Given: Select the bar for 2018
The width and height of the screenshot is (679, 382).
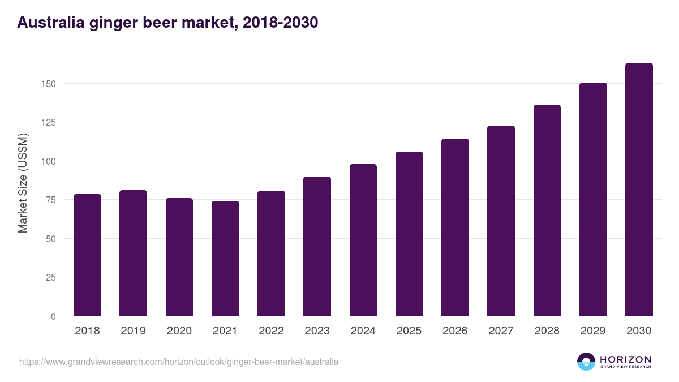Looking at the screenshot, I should pyautogui.click(x=87, y=255).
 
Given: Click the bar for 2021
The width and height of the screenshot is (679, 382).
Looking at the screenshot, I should pyautogui.click(x=225, y=259).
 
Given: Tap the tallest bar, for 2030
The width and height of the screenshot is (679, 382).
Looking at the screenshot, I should pyautogui.click(x=639, y=190).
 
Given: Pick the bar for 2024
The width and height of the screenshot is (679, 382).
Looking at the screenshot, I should pyautogui.click(x=363, y=240).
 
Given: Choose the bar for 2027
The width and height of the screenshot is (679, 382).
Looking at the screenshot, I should pyautogui.click(x=501, y=221).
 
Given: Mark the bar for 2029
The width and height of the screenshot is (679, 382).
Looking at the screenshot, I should pyautogui.click(x=593, y=199).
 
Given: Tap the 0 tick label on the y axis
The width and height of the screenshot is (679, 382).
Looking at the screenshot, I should pyautogui.click(x=53, y=316).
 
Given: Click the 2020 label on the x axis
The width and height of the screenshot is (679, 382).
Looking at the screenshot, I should pyautogui.click(x=179, y=331).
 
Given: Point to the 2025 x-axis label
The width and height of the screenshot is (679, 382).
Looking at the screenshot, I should pyautogui.click(x=409, y=331).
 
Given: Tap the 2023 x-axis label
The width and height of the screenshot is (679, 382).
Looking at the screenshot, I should pyautogui.click(x=317, y=331).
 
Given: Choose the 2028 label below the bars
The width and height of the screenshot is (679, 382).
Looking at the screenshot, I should pyautogui.click(x=547, y=331).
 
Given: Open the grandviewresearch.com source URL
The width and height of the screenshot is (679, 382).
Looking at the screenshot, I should pyautogui.click(x=179, y=362).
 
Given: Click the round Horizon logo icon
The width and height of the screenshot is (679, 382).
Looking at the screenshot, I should pyautogui.click(x=586, y=362).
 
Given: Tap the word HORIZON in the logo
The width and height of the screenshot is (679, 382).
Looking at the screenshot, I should pyautogui.click(x=625, y=359).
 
